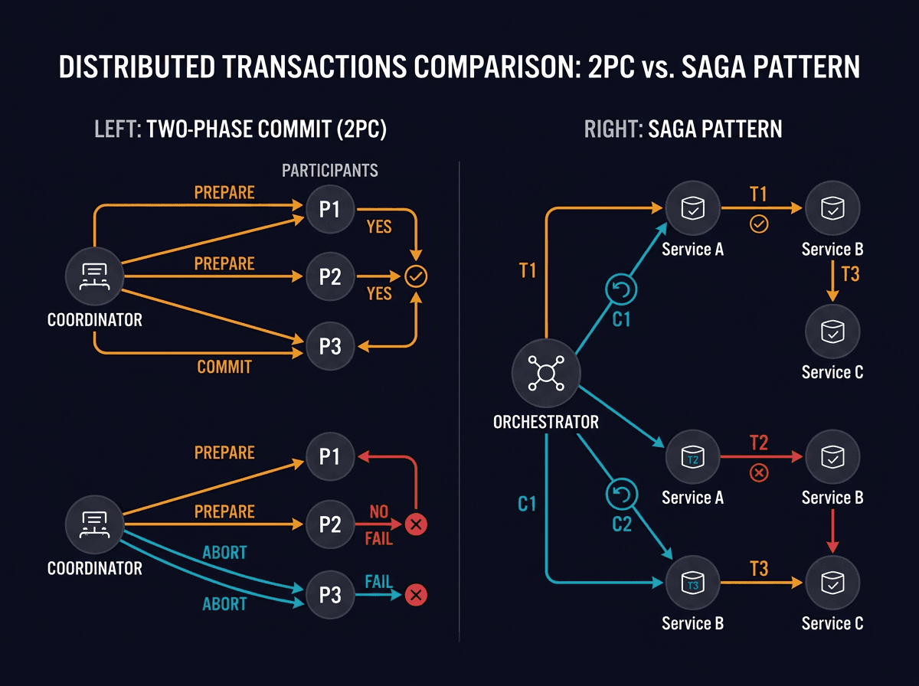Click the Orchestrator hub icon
[x=545, y=373]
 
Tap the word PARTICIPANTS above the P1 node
[x=329, y=170]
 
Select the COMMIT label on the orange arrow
[x=224, y=367]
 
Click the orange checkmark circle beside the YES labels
[x=417, y=276]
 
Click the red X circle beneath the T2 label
[x=758, y=473]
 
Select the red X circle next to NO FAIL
[x=417, y=524]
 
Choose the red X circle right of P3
[x=416, y=595]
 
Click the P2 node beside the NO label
[x=329, y=524]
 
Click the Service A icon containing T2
[x=692, y=457]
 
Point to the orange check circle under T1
[x=758, y=225]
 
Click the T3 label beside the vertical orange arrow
[x=850, y=274]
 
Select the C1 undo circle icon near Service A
[x=621, y=289]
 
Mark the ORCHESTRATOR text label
[x=545, y=422]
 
